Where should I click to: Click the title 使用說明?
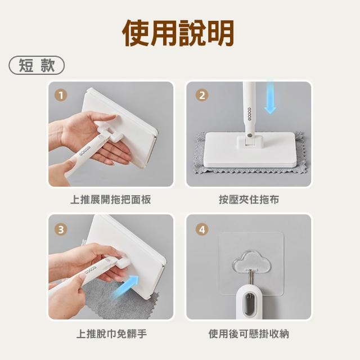coord(178,33)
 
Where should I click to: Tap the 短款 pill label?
coord(37,65)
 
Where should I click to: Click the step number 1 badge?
coord(61,95)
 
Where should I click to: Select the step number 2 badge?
coord(202,95)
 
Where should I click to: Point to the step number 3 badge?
coord(61,229)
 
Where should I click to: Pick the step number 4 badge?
coord(202,229)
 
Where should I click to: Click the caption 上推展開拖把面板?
coord(111,200)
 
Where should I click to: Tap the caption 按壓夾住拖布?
coord(249,200)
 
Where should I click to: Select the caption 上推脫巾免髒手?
coord(111,334)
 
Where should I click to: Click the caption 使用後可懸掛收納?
coord(249,334)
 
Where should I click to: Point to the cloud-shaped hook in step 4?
coord(251,262)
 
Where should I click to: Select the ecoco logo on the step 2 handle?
coord(250,114)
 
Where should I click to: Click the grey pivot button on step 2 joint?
coord(249,136)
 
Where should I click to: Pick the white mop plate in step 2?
coord(250,150)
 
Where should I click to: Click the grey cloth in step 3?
coord(119,301)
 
